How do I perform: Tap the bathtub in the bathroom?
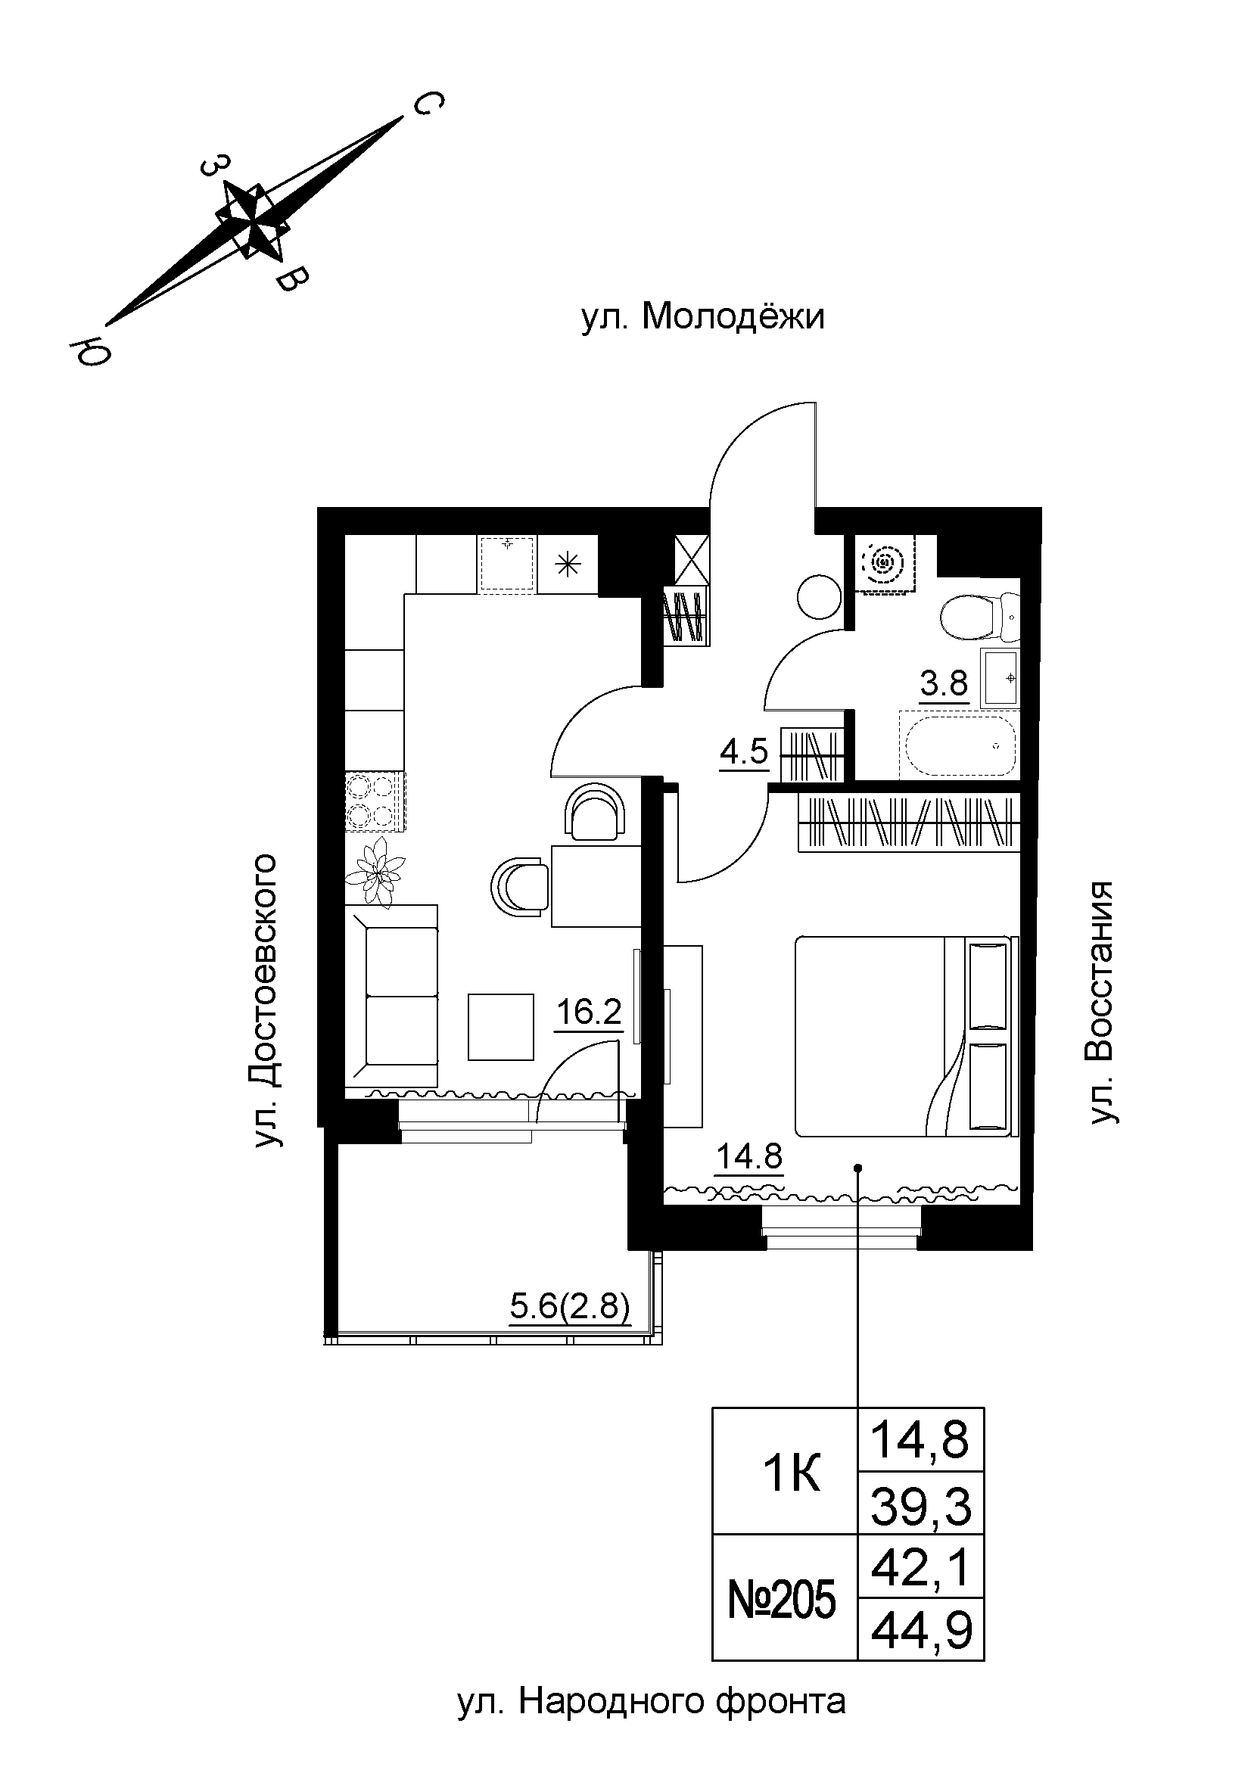pos(958,746)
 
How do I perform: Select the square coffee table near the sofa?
pos(500,1027)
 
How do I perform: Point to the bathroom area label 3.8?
pos(944,683)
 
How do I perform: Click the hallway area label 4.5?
pos(744,750)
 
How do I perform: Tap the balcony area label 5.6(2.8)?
pos(571,1308)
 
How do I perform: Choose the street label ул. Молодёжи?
pos(702,317)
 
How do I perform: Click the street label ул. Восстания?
pos(1103,1002)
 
